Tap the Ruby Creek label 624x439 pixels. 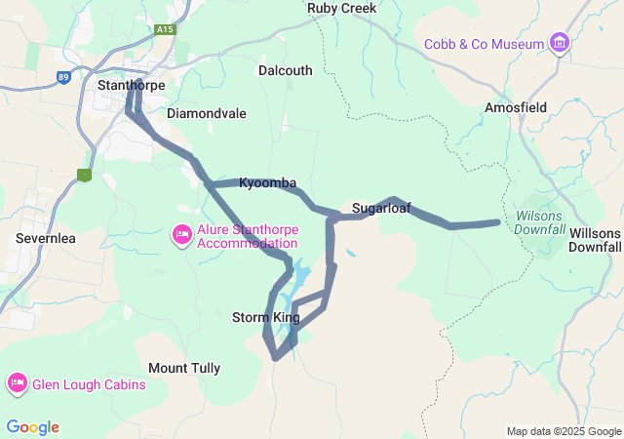[341, 8]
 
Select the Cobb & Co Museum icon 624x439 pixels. [560, 43]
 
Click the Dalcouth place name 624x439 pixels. [286, 70]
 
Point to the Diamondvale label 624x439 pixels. [207, 113]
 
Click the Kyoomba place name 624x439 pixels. [267, 183]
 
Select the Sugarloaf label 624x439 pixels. [381, 208]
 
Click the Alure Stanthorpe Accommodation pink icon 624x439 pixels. [181, 234]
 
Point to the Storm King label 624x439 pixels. [266, 317]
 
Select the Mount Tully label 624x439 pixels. [184, 368]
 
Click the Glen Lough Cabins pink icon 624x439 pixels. [17, 383]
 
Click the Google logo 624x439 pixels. [32, 427]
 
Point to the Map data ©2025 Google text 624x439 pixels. [564, 431]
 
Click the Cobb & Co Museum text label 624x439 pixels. [484, 44]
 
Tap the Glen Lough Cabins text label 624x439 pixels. [89, 384]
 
